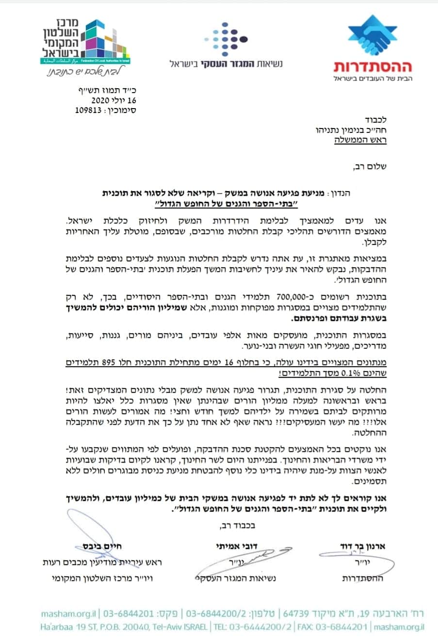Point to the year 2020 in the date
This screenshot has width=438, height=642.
101,101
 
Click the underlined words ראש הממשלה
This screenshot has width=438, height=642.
361,140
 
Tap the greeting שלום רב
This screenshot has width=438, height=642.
370,167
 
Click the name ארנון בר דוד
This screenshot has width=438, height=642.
363,546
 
